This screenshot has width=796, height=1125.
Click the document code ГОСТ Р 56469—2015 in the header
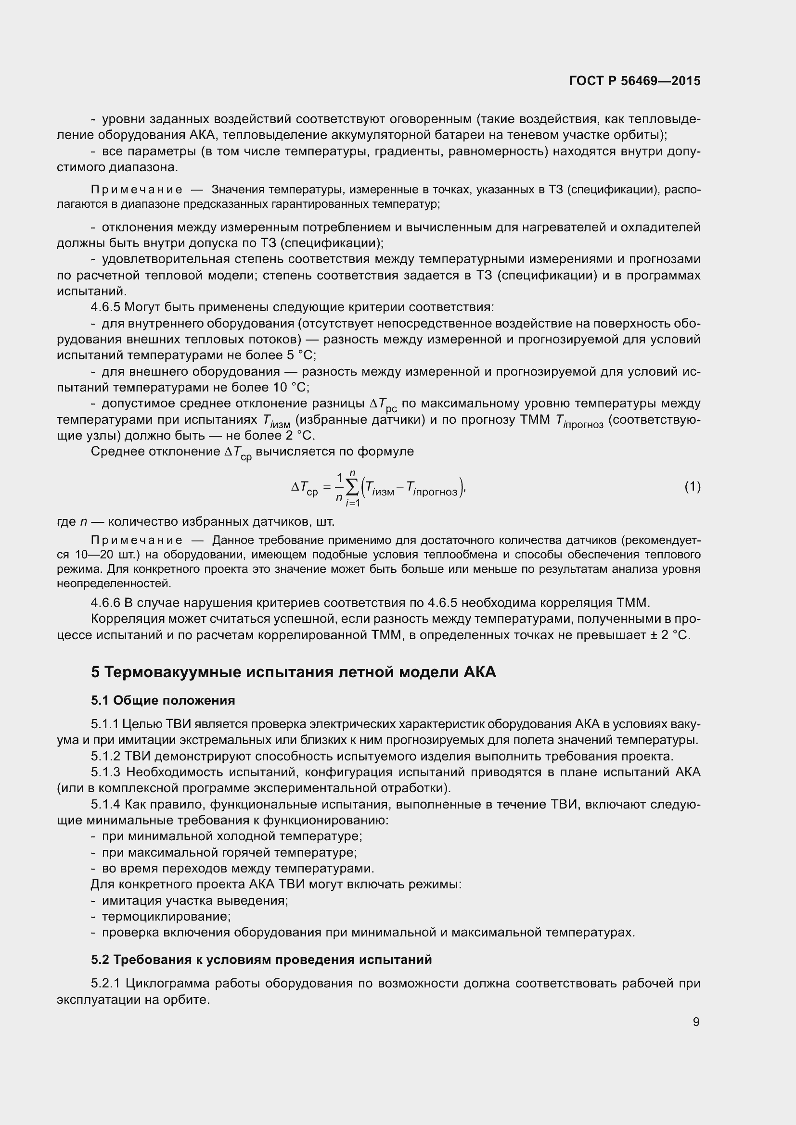(635, 81)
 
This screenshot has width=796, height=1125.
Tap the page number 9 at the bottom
(696, 1022)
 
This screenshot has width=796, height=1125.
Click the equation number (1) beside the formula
(692, 487)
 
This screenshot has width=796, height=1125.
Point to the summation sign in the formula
(352, 487)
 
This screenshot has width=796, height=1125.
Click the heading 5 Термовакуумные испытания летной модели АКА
(293, 672)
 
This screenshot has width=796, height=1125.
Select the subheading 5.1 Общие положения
(163, 700)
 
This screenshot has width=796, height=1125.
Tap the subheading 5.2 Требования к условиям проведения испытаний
(261, 960)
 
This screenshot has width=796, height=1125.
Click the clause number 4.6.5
(105, 307)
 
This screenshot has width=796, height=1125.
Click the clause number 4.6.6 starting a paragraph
(105, 603)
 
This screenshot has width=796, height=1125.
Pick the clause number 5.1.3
(105, 772)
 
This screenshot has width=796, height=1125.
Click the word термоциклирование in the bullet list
(166, 916)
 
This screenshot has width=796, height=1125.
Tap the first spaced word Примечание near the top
(137, 190)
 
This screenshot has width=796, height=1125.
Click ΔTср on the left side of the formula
(304, 488)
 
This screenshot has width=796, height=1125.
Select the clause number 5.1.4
(105, 805)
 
